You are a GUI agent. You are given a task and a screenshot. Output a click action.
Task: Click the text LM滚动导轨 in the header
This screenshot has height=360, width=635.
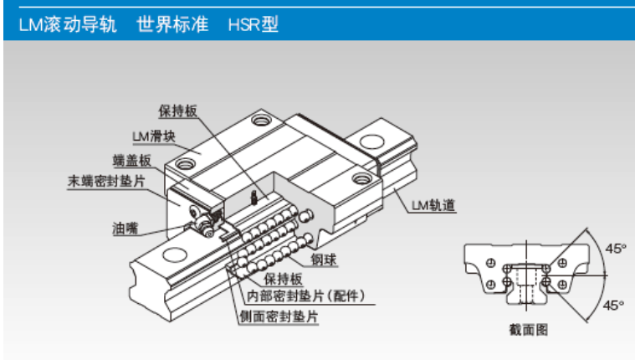(x=68, y=24)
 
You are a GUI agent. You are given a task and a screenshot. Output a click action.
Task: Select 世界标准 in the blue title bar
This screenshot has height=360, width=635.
(x=172, y=24)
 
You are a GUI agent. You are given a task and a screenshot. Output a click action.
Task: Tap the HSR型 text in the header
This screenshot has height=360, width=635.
(x=253, y=25)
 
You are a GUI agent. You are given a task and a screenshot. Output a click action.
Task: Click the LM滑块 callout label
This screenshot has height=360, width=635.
(x=154, y=136)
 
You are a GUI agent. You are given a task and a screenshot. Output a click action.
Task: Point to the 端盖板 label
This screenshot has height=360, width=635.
(x=132, y=161)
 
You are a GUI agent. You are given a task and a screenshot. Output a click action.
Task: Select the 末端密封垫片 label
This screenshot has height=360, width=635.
(x=106, y=181)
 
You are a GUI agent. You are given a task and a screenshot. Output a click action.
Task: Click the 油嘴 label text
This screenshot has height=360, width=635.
(x=125, y=229)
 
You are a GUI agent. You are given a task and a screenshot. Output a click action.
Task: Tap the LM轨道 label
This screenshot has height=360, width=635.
(x=433, y=205)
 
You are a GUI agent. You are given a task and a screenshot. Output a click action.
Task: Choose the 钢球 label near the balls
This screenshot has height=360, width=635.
(x=324, y=259)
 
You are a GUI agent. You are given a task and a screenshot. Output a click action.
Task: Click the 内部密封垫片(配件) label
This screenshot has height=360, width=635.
(x=306, y=296)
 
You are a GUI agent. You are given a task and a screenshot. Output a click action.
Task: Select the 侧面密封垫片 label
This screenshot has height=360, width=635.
(x=279, y=316)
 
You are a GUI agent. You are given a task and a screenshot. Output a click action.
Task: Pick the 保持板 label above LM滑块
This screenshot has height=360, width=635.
(x=178, y=111)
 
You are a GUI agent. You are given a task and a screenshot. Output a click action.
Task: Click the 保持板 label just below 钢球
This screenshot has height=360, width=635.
(x=283, y=279)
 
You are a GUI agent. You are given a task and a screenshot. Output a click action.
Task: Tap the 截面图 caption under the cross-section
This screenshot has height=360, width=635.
(x=529, y=330)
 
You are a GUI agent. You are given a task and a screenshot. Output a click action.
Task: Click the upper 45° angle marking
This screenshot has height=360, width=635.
(x=616, y=248)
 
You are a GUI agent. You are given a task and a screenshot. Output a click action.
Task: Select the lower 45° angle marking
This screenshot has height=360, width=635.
(x=613, y=305)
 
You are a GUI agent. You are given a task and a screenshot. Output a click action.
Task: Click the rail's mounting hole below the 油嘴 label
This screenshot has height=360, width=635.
(x=175, y=255)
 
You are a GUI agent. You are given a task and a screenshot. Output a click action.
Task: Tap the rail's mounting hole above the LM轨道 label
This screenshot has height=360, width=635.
(x=371, y=141)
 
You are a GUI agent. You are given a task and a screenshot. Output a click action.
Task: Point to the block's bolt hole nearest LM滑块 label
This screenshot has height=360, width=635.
(x=185, y=164)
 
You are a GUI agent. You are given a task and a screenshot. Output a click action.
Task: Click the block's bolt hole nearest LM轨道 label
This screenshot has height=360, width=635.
(x=361, y=178)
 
